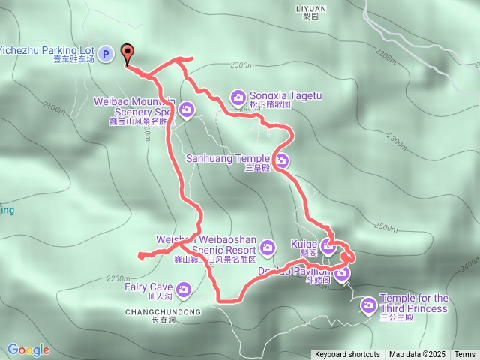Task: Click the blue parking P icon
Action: [x=106, y=53]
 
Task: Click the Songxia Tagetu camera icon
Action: [x=238, y=96]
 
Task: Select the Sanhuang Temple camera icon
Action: [x=282, y=159]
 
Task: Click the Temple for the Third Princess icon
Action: [x=368, y=304]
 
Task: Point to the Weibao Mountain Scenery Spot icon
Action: [x=185, y=108]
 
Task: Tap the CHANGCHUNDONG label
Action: [x=163, y=311]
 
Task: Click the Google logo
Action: [x=28, y=349]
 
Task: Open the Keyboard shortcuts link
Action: [x=347, y=354]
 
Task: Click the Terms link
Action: [x=464, y=354]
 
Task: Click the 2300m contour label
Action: [x=241, y=65]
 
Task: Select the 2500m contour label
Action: [x=385, y=227]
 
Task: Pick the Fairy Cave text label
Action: [x=150, y=286]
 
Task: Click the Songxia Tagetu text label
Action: [x=281, y=96]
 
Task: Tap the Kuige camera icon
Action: [x=328, y=244]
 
